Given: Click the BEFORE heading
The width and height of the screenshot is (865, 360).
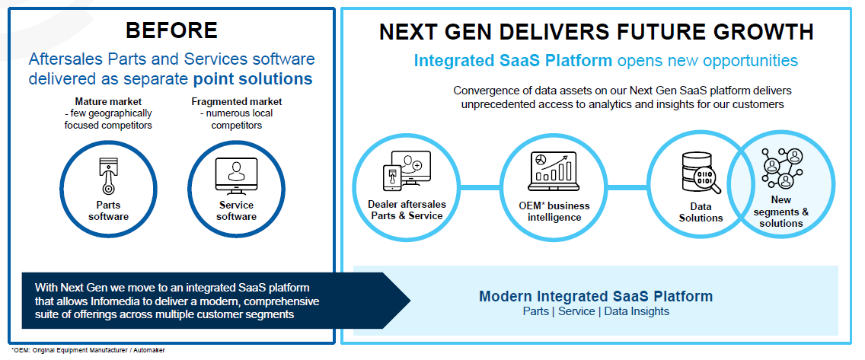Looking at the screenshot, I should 171,30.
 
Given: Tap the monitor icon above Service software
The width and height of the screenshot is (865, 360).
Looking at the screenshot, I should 235,174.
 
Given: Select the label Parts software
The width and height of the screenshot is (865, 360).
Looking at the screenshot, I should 107,211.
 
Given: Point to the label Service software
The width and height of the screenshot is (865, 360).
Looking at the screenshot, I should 235,211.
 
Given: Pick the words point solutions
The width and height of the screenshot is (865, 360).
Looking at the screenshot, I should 253,79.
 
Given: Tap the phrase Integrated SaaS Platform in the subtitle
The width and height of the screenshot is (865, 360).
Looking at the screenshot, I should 512,61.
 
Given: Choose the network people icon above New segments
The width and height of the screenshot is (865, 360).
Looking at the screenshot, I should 782,165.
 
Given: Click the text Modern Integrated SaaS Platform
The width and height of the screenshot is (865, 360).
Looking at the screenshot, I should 595,296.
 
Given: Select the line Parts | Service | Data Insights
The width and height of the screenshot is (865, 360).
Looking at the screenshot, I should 595,312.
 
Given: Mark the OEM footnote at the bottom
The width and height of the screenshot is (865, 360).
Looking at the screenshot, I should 82,351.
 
